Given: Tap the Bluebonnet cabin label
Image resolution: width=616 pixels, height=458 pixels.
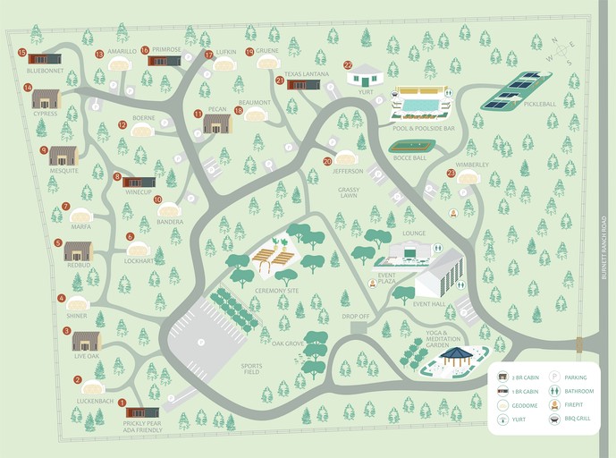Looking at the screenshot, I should pyautogui.click(x=43, y=70).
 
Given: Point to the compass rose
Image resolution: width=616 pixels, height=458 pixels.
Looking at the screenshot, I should pyautogui.click(x=562, y=50).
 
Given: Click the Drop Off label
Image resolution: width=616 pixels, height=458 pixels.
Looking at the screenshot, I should pyautogui.click(x=355, y=317).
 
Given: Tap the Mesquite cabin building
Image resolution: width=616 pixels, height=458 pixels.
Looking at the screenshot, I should pyautogui.click(x=63, y=156).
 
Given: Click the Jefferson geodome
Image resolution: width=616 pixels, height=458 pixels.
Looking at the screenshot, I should pyautogui.click(x=346, y=157).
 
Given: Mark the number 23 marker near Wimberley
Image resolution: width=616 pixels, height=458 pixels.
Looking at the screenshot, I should pyautogui.click(x=451, y=173).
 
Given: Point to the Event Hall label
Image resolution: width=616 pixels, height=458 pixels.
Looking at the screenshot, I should pyautogui.click(x=429, y=304).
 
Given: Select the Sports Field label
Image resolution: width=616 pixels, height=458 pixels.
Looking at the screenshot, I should pyautogui.click(x=252, y=367).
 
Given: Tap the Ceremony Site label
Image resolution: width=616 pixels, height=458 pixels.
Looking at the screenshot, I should pyautogui.click(x=278, y=291).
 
